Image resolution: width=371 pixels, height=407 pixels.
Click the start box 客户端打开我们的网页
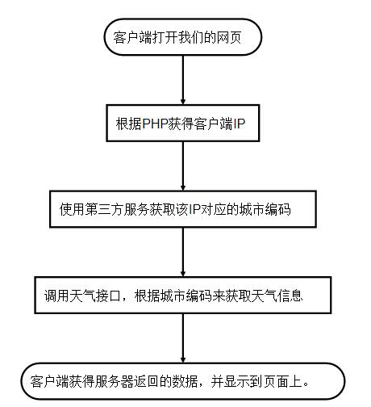point(184,37)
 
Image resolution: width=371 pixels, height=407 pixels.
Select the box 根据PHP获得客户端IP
point(185,125)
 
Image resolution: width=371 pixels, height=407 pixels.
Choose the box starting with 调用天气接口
point(181,295)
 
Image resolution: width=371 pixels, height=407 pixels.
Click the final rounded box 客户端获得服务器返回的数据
point(182,380)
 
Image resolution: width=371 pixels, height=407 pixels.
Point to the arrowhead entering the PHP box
point(184,99)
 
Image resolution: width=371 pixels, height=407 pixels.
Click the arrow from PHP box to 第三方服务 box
point(184,169)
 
